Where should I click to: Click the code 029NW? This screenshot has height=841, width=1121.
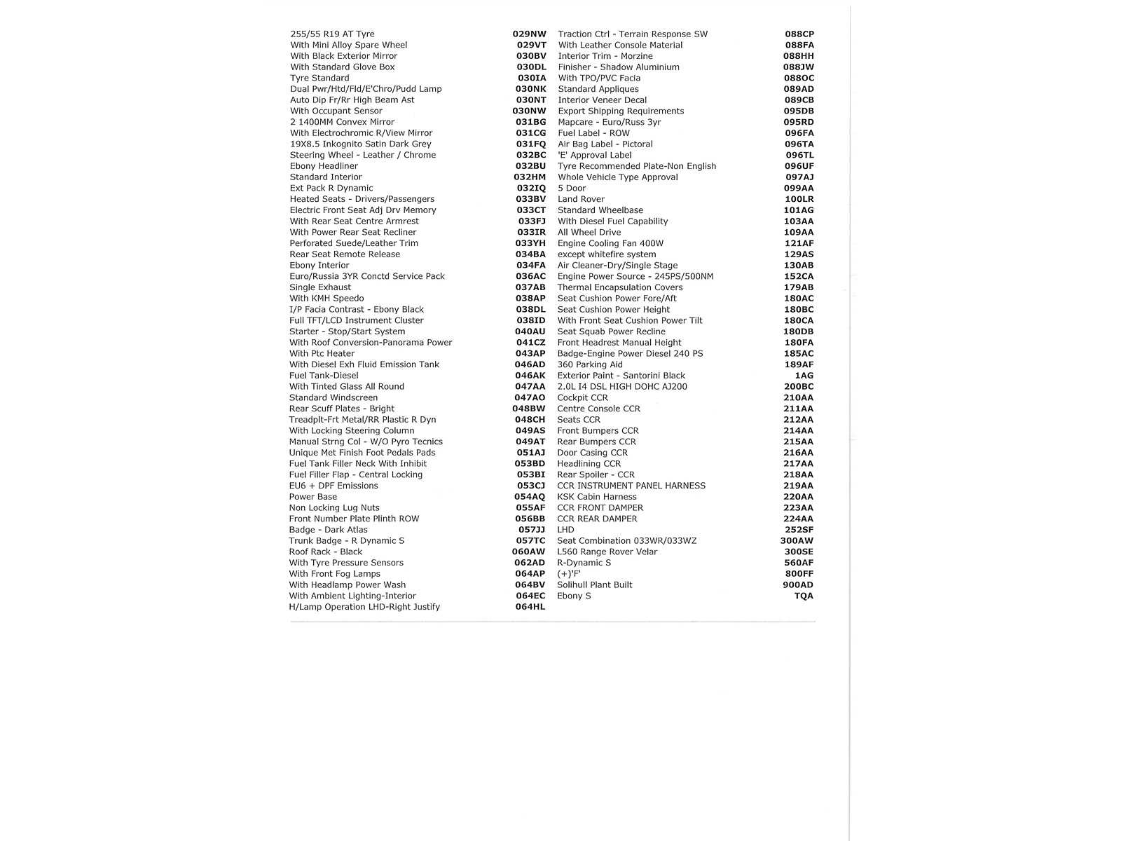(x=529, y=34)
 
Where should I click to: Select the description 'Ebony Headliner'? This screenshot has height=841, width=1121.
(x=324, y=166)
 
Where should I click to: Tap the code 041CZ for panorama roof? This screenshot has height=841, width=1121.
(x=530, y=343)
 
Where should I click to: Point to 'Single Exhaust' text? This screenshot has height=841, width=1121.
(x=320, y=287)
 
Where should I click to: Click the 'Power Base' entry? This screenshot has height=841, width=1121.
(x=312, y=497)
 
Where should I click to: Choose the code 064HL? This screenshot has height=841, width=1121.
(x=530, y=607)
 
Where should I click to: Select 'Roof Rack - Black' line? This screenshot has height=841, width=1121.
(x=325, y=552)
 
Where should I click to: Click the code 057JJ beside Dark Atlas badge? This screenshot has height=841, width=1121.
(x=531, y=530)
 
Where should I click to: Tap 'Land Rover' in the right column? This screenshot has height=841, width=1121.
(x=581, y=199)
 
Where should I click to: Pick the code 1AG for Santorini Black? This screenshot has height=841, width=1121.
(x=804, y=376)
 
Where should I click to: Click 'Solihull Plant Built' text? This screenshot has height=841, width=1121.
(x=594, y=584)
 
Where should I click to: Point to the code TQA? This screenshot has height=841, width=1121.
(x=804, y=596)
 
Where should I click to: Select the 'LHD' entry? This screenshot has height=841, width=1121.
(x=565, y=530)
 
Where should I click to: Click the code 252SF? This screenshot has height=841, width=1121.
(x=799, y=530)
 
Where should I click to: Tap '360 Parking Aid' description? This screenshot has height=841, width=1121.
(x=589, y=364)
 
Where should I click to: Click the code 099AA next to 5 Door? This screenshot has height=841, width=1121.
(x=799, y=188)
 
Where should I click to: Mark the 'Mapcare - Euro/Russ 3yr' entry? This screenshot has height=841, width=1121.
(x=609, y=122)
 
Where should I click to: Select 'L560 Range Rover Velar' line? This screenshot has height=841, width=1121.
(x=607, y=552)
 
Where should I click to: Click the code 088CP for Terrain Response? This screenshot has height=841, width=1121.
(x=799, y=34)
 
